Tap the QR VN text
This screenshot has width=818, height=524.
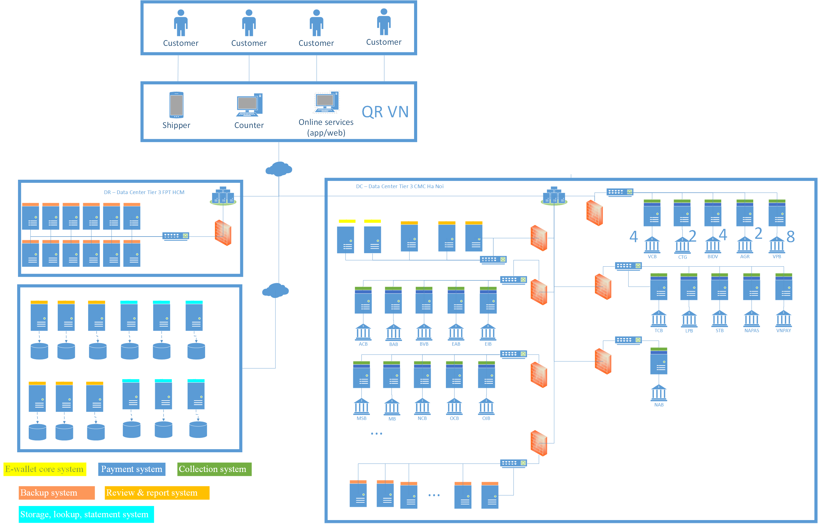[385, 112]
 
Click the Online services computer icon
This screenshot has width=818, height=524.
[326, 102]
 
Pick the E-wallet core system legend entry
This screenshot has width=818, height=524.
[45, 469]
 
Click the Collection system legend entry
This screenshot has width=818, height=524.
[214, 469]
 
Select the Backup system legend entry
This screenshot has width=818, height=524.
[57, 493]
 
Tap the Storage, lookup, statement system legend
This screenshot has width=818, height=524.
[86, 514]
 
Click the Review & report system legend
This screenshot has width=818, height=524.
[157, 493]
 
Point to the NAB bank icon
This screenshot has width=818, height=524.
[659, 393]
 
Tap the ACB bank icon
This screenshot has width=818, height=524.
[363, 332]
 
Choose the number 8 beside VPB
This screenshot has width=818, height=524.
[790, 237]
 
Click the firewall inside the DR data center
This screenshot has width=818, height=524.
[223, 233]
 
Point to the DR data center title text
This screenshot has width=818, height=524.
[144, 192]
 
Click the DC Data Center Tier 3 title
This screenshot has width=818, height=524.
[400, 186]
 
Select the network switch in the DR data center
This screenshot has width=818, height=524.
[175, 236]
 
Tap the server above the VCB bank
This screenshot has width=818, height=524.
[652, 213]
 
